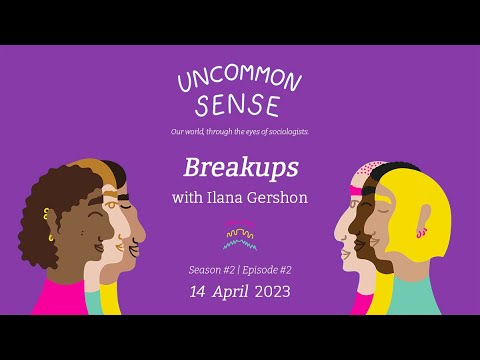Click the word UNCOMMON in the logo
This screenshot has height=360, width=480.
(239, 81)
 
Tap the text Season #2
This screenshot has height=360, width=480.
(210, 271)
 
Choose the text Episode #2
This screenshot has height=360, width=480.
(269, 271)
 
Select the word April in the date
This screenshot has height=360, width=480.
(238, 293)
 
